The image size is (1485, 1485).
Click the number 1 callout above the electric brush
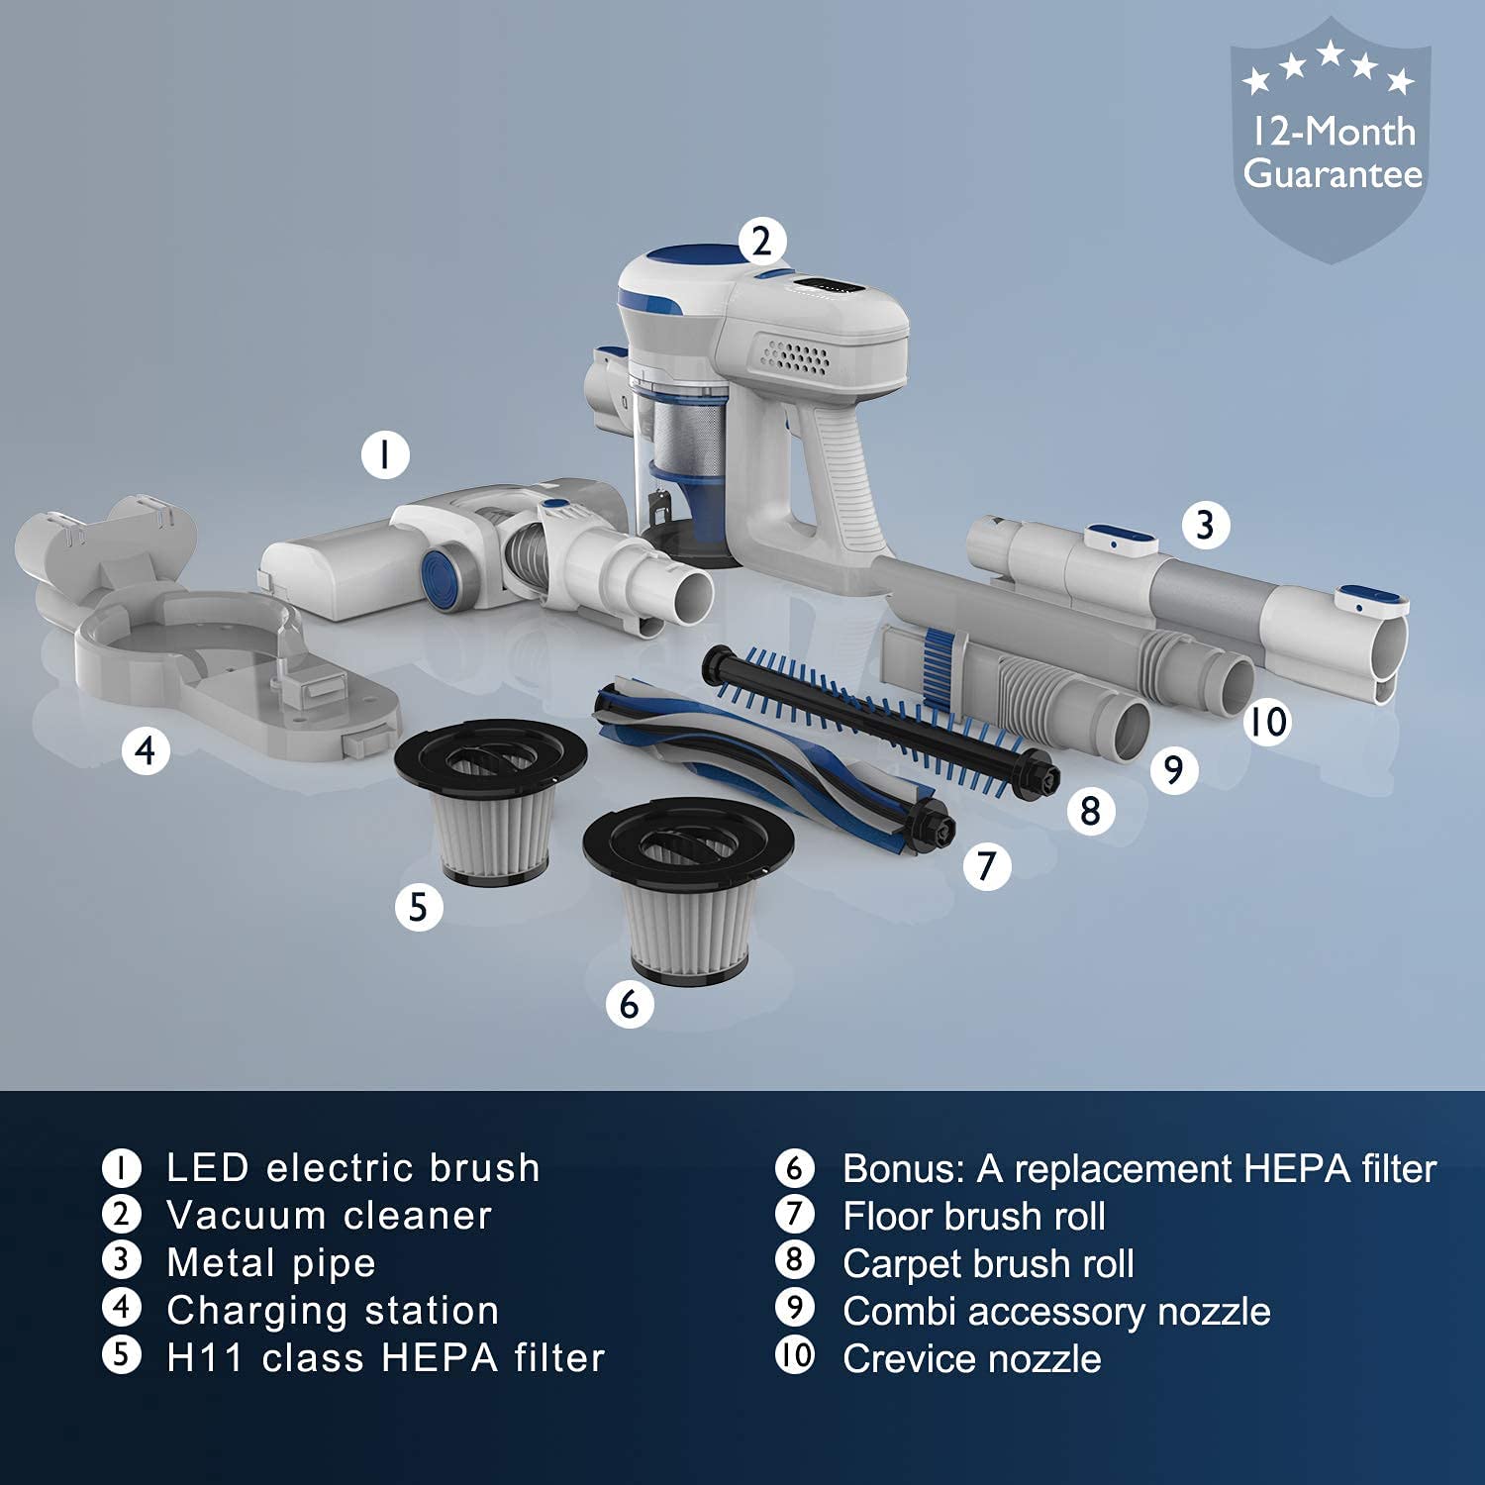pyautogui.click(x=385, y=454)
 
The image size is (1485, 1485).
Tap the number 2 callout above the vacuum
pyautogui.click(x=761, y=241)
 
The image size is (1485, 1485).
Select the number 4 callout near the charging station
pyautogui.click(x=146, y=750)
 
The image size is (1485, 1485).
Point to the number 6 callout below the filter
pyautogui.click(x=630, y=1004)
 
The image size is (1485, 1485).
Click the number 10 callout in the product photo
pyautogui.click(x=1268, y=721)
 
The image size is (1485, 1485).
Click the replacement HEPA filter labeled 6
pyautogui.click(x=689, y=894)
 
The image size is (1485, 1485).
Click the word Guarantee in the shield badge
pyautogui.click(x=1334, y=174)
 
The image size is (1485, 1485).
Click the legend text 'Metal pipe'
pyautogui.click(x=271, y=1262)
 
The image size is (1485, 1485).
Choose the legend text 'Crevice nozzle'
pyautogui.click(x=971, y=1358)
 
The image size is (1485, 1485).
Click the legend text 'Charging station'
pyautogui.click(x=333, y=1310)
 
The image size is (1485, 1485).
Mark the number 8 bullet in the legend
pyautogui.click(x=794, y=1260)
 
